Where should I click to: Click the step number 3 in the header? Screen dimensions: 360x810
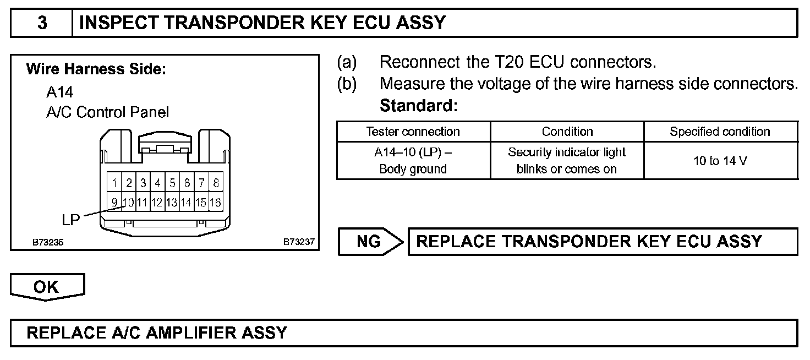tap(42, 23)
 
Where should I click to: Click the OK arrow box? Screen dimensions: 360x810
tap(47, 287)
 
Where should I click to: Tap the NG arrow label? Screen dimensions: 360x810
tap(369, 242)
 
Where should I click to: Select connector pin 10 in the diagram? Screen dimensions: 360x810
tap(128, 203)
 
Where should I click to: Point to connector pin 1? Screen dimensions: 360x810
tap(114, 183)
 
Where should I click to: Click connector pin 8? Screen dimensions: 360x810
tap(216, 183)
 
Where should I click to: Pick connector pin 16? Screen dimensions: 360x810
tap(216, 203)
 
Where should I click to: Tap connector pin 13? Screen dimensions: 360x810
tap(172, 203)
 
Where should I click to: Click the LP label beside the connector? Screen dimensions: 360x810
tap(72, 219)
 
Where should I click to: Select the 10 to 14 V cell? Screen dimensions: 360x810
tap(720, 161)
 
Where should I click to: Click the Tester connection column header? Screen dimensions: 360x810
tap(413, 132)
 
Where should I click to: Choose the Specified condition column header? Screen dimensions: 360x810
tap(720, 132)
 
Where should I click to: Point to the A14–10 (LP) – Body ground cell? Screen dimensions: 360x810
tap(413, 161)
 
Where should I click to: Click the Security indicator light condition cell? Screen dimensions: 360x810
tap(567, 161)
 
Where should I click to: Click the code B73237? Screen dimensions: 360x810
tap(299, 242)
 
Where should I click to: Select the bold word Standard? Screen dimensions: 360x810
tap(419, 105)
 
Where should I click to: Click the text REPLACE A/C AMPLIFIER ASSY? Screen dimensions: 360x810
tap(157, 333)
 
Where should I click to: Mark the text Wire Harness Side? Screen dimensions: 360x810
tap(96, 70)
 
